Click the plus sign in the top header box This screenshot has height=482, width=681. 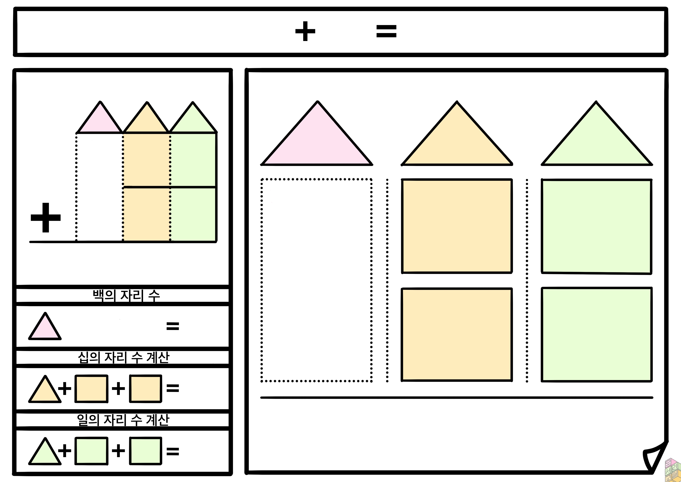(x=305, y=31)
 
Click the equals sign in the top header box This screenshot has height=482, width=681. (x=386, y=31)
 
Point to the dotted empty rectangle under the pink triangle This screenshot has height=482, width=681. (x=316, y=280)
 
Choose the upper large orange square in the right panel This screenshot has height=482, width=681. (x=457, y=226)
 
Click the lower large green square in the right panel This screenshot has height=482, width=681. (x=597, y=334)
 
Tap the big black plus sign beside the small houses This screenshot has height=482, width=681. (x=46, y=218)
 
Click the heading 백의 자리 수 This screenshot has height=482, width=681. (x=126, y=295)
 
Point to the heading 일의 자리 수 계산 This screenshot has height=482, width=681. (x=123, y=420)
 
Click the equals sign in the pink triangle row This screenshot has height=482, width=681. (x=173, y=326)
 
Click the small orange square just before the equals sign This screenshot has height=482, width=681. (x=146, y=389)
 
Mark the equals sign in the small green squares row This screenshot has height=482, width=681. (x=173, y=451)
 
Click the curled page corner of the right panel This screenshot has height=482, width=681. (x=655, y=459)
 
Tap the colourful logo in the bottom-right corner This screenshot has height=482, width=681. (x=672, y=470)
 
